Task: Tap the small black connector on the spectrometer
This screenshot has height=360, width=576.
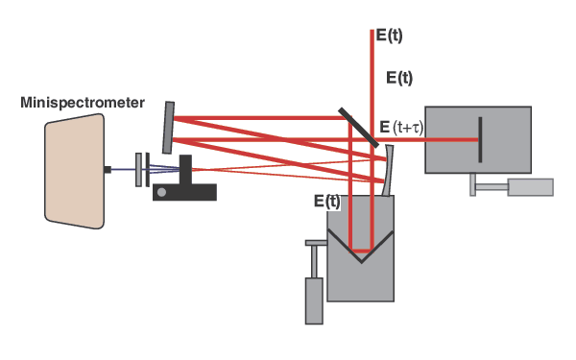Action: coord(108,169)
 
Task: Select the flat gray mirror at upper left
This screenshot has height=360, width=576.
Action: coord(169,127)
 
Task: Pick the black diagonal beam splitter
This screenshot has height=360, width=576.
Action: coord(360,127)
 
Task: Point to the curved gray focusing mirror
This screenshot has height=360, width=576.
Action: coord(386,171)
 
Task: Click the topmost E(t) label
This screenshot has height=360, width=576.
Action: coord(389,35)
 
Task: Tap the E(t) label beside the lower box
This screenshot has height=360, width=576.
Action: coord(327,202)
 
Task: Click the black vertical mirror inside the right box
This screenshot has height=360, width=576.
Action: coord(480,139)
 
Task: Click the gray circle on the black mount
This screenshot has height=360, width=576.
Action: coord(161,192)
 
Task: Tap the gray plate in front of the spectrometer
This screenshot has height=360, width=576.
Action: coord(140,169)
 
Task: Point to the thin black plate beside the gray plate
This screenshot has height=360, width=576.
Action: coord(148,169)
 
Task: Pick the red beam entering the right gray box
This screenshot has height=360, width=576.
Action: coord(442,140)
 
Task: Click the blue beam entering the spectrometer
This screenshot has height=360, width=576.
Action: coord(123,169)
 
